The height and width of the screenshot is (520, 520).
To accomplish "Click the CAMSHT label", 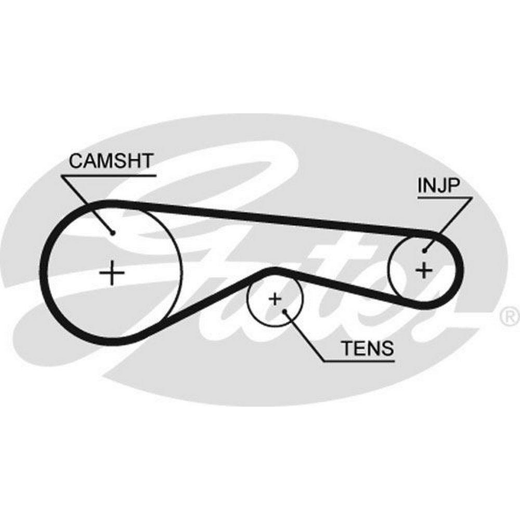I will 112,162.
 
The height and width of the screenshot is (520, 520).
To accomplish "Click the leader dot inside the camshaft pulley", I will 112,232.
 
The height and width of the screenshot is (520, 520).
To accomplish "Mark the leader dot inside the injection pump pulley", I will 425,250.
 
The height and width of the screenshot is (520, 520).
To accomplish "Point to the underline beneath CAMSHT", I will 109,176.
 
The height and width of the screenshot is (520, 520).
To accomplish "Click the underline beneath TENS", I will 359,360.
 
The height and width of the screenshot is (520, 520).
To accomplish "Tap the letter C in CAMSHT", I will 76,162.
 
